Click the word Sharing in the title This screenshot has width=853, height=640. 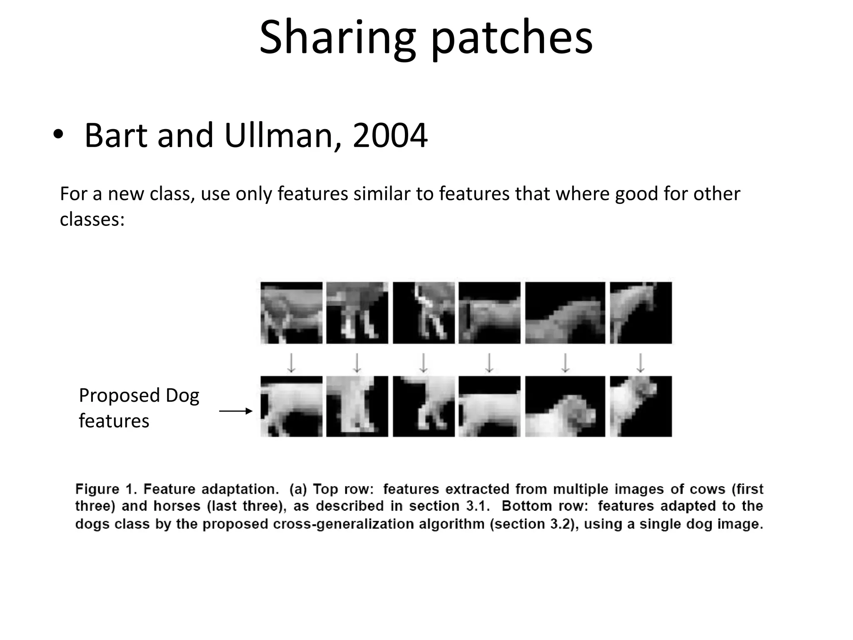pyautogui.click(x=337, y=38)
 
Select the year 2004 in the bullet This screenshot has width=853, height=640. pyautogui.click(x=390, y=135)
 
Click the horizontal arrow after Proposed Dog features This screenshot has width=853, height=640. pyautogui.click(x=236, y=411)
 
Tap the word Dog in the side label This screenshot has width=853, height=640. pyautogui.click(x=182, y=395)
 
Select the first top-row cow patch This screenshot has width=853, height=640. pyautogui.click(x=292, y=313)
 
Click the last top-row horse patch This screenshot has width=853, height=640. pyautogui.click(x=641, y=313)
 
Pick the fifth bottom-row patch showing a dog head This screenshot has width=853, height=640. pyautogui.click(x=565, y=406)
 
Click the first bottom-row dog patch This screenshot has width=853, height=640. pyautogui.click(x=292, y=406)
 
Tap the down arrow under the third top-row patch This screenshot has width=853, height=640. pyautogui.click(x=423, y=362)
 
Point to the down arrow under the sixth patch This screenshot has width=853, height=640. pyautogui.click(x=641, y=362)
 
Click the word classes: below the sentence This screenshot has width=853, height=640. pyautogui.click(x=92, y=219)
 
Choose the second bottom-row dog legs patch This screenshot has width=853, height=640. pyautogui.click(x=357, y=406)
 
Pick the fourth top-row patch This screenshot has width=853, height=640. pyautogui.click(x=489, y=313)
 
